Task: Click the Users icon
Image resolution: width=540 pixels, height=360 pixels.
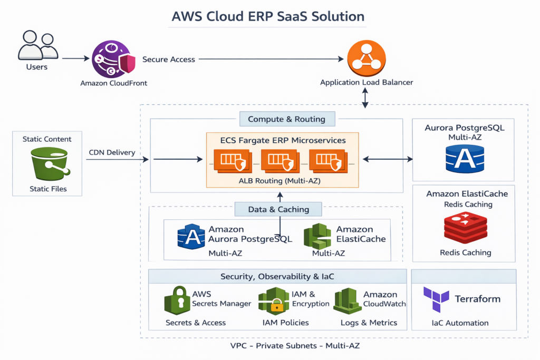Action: pyautogui.click(x=37, y=46)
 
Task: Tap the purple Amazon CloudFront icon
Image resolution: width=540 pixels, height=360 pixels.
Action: pyautogui.click(x=110, y=60)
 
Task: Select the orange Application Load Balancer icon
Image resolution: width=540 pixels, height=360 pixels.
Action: pyautogui.click(x=366, y=59)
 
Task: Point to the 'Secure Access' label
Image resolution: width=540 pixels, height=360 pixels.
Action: pyautogui.click(x=169, y=60)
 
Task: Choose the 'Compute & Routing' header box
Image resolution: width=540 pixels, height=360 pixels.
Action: pyautogui.click(x=286, y=119)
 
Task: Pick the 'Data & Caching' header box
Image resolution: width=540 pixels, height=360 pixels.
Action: pyautogui.click(x=278, y=209)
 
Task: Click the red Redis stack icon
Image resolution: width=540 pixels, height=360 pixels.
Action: pyautogui.click(x=465, y=228)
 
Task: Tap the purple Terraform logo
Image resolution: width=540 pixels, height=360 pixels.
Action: pyautogui.click(x=436, y=299)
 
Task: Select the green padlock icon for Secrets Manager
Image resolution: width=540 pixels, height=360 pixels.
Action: pyautogui.click(x=177, y=300)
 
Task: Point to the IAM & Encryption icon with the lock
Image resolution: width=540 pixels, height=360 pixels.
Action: pyautogui.click(x=274, y=301)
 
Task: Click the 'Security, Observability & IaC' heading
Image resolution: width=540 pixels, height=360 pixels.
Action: pyautogui.click(x=277, y=276)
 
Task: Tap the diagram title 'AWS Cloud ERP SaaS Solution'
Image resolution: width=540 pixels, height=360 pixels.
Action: pyautogui.click(x=268, y=16)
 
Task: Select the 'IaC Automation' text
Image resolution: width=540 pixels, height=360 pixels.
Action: pyautogui.click(x=460, y=323)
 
